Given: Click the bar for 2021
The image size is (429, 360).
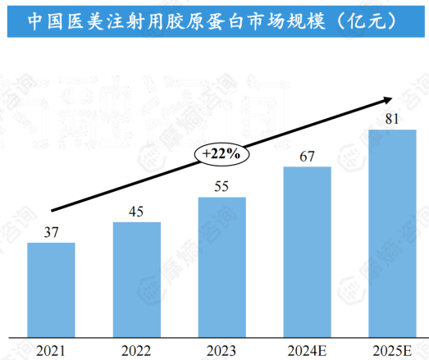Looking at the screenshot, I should coord(51,289).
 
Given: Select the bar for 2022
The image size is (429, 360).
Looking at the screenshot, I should coord(137,279).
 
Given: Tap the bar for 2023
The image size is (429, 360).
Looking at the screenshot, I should coord(222,267).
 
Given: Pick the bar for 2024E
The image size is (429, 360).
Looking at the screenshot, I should coord(308,251).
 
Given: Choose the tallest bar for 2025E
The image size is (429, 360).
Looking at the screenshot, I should coord(393,233).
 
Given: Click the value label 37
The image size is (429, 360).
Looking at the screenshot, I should coord(51,233).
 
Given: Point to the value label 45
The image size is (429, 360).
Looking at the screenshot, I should coord(137,212).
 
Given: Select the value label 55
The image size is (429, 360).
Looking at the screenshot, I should coord(222,187).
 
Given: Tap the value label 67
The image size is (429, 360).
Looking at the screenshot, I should coord(308,156).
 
